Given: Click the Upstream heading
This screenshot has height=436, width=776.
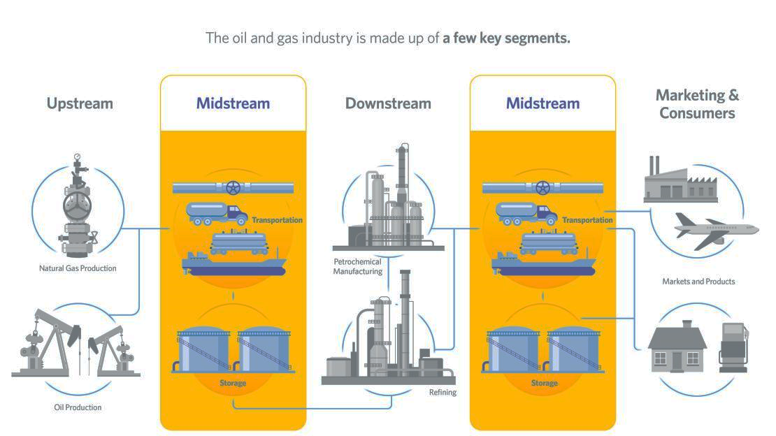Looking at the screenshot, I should click(80, 103).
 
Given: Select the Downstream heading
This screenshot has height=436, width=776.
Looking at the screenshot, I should click(388, 103).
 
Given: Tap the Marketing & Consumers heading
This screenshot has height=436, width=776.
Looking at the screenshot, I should click(697, 103).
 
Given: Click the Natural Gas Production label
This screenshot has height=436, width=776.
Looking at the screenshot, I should click(78, 268).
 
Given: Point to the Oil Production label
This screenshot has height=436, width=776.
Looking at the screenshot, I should click(78, 407).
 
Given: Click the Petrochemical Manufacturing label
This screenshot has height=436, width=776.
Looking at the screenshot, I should click(357, 266).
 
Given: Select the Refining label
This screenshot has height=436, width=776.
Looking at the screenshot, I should click(443, 392).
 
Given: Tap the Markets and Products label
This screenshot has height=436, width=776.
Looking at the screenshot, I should click(698, 282).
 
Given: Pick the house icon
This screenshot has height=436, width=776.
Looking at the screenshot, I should click(677, 347).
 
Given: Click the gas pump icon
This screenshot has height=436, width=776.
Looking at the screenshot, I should click(733, 347).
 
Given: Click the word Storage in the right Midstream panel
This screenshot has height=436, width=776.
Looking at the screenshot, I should click(544, 383).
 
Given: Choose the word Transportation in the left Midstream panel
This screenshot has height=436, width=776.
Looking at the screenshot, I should click(277, 220).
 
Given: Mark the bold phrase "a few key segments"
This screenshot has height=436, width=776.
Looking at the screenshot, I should click(507, 38).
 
